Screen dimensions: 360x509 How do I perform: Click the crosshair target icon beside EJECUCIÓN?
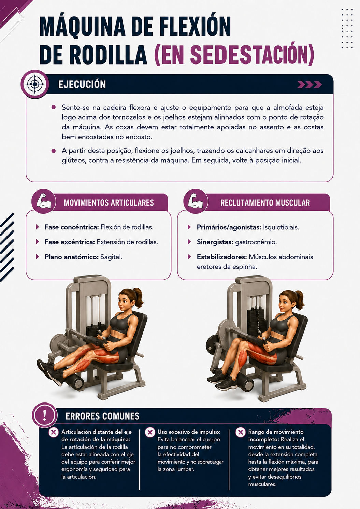point(35,84)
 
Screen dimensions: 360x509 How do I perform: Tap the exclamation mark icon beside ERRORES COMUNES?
point(45,415)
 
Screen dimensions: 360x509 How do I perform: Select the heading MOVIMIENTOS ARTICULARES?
point(109,203)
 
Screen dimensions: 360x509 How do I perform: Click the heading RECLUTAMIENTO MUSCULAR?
point(265,203)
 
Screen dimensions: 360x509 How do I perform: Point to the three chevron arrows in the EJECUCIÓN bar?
point(309,85)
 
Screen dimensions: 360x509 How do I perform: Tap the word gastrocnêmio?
point(256,242)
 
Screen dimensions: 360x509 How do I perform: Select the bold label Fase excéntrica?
point(70,242)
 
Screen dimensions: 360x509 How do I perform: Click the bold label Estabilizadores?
point(222,257)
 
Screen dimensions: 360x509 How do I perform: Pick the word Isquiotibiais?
point(281,227)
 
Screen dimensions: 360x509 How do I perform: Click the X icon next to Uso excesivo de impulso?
point(150,432)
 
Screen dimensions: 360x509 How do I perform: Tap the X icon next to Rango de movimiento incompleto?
point(240,432)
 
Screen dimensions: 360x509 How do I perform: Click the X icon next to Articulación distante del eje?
point(54,432)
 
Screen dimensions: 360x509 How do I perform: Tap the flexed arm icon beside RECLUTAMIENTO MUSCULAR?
point(196,201)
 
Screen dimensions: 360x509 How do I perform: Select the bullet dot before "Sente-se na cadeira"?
point(54,107)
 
